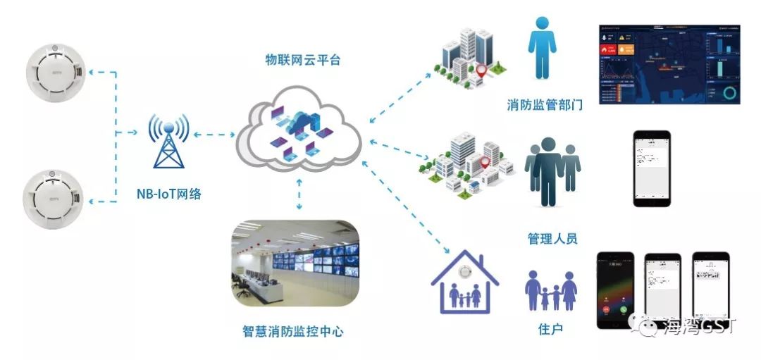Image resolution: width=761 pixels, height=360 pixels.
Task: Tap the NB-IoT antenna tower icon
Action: tap(168, 141)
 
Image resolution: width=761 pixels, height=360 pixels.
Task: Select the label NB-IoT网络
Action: tap(168, 194)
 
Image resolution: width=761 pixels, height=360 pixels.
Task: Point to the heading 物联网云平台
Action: tap(298, 60)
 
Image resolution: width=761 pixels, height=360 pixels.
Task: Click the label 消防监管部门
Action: tap(544, 106)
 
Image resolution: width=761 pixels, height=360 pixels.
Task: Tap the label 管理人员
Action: tap(552, 238)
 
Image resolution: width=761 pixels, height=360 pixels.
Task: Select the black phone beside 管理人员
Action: tap(651, 168)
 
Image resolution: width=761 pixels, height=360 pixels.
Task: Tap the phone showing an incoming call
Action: tap(614, 290)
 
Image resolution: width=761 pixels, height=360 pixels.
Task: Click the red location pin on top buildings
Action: tap(481, 70)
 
